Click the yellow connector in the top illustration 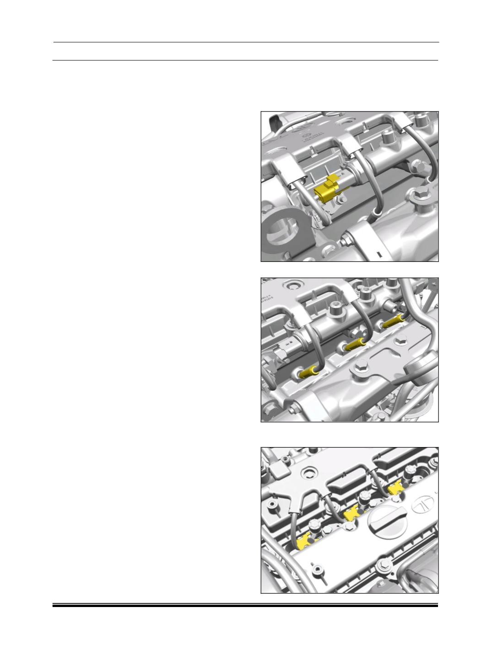click(327, 191)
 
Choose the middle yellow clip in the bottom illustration click(351, 515)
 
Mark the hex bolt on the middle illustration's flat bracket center click(400, 342)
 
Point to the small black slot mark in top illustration click(378, 252)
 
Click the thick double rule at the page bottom click(245, 606)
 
